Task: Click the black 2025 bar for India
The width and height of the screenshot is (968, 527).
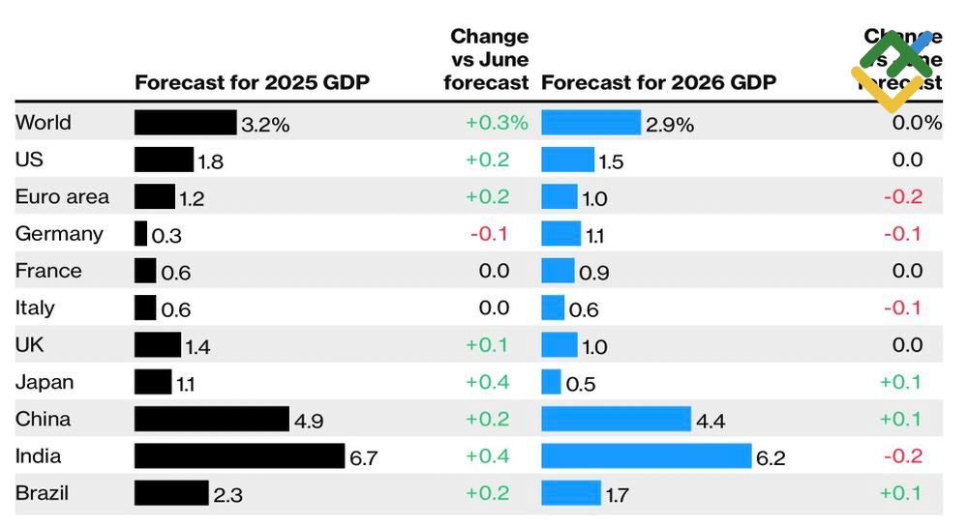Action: coord(239,456)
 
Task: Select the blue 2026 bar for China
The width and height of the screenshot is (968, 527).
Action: coord(616,419)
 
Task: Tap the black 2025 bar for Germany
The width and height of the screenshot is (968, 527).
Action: coord(140,234)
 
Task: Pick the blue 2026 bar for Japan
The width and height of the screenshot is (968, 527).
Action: coord(551,382)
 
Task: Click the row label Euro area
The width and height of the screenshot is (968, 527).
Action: coord(62,197)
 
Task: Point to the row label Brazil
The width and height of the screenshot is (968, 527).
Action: coord(42,493)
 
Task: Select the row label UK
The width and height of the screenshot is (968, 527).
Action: coord(29,345)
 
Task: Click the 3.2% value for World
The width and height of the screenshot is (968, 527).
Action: coord(265,124)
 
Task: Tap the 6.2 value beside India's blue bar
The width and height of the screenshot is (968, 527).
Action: coord(771,457)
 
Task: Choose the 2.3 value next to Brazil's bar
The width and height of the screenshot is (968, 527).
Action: coord(227,495)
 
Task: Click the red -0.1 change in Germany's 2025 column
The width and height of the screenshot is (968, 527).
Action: coord(489,234)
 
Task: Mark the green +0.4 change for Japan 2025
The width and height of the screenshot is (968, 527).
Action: coord(488,382)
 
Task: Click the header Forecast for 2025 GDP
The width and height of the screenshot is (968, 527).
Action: coord(252,82)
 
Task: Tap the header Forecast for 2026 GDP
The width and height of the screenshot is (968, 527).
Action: coord(658,82)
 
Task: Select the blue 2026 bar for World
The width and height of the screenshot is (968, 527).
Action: coord(590,123)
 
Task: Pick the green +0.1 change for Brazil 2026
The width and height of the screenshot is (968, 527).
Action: coord(901,493)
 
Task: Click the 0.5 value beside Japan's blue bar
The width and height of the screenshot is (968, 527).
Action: coord(580,384)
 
